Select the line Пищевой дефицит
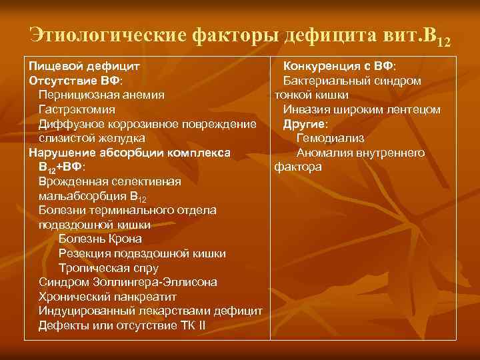83,67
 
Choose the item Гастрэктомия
77,109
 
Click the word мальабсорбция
81,197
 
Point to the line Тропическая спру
109,268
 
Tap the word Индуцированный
86,311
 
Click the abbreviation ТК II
193,326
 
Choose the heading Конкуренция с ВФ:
339,67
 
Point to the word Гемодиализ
331,139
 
